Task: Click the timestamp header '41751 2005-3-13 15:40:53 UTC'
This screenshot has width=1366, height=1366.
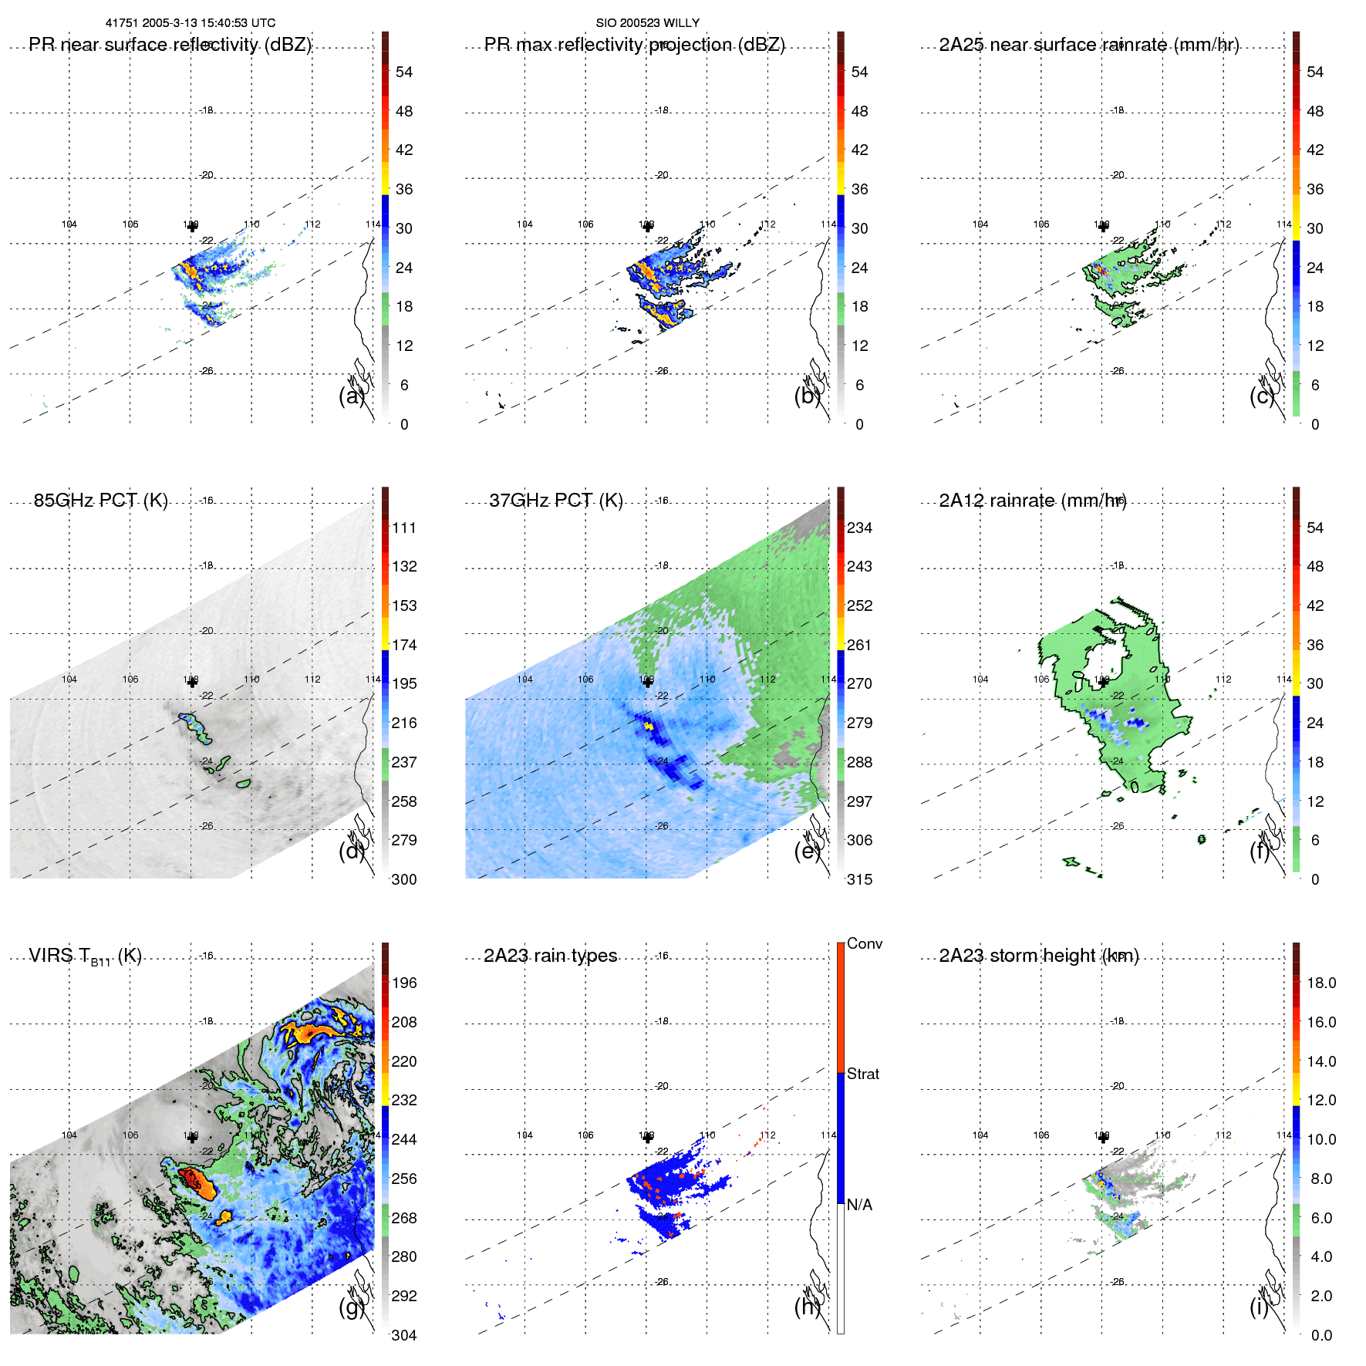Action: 190,23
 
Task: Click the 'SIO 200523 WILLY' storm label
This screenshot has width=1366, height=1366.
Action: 647,23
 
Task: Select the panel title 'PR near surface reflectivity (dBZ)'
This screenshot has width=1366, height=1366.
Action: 170,45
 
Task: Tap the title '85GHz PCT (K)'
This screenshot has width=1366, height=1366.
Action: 100,501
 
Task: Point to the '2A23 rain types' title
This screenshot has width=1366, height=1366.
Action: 550,956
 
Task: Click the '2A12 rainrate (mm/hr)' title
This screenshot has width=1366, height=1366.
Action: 1032,501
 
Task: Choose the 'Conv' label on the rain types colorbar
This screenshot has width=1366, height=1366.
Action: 864,943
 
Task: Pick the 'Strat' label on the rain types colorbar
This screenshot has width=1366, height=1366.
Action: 862,1074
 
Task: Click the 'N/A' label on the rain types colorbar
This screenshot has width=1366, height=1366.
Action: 859,1205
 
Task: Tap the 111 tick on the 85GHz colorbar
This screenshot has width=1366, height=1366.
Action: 404,528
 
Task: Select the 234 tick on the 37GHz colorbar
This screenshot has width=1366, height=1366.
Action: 859,528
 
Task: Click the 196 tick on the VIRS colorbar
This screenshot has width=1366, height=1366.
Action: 404,983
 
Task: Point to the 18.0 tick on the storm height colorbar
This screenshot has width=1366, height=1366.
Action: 1321,983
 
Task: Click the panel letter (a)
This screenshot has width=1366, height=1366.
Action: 351,396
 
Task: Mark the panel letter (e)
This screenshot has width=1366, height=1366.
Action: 807,851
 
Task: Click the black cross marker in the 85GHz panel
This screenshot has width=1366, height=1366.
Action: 192,681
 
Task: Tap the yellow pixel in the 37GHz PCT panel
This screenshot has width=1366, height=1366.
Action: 649,726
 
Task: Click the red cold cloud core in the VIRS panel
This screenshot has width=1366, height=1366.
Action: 190,1178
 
